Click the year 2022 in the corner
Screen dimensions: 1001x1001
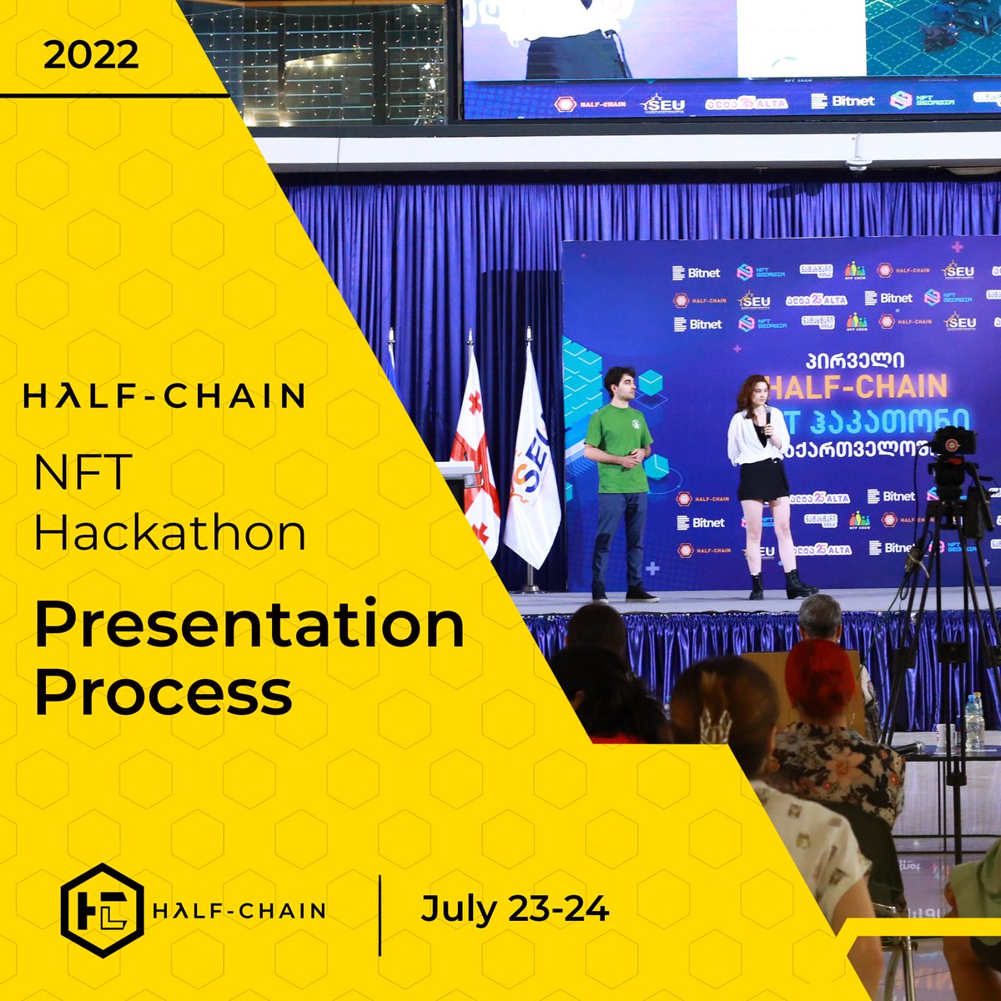91,56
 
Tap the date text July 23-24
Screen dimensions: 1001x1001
515,908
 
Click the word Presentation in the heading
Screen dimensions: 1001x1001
249,626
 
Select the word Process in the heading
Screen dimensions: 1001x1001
163,692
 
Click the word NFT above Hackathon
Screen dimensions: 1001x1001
83,472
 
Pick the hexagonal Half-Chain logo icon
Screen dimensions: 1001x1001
102,910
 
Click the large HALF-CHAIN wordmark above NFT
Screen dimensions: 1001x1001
163,396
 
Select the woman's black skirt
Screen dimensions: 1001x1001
762,480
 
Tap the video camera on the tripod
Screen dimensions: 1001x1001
951,446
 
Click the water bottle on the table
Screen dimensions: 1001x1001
973,722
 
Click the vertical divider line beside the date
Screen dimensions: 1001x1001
380,914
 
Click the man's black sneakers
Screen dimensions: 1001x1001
626,594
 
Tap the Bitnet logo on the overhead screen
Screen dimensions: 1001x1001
843,101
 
